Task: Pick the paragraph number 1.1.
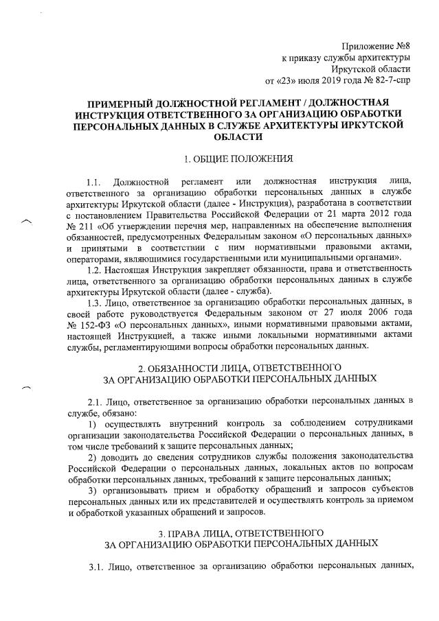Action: click(x=94, y=182)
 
